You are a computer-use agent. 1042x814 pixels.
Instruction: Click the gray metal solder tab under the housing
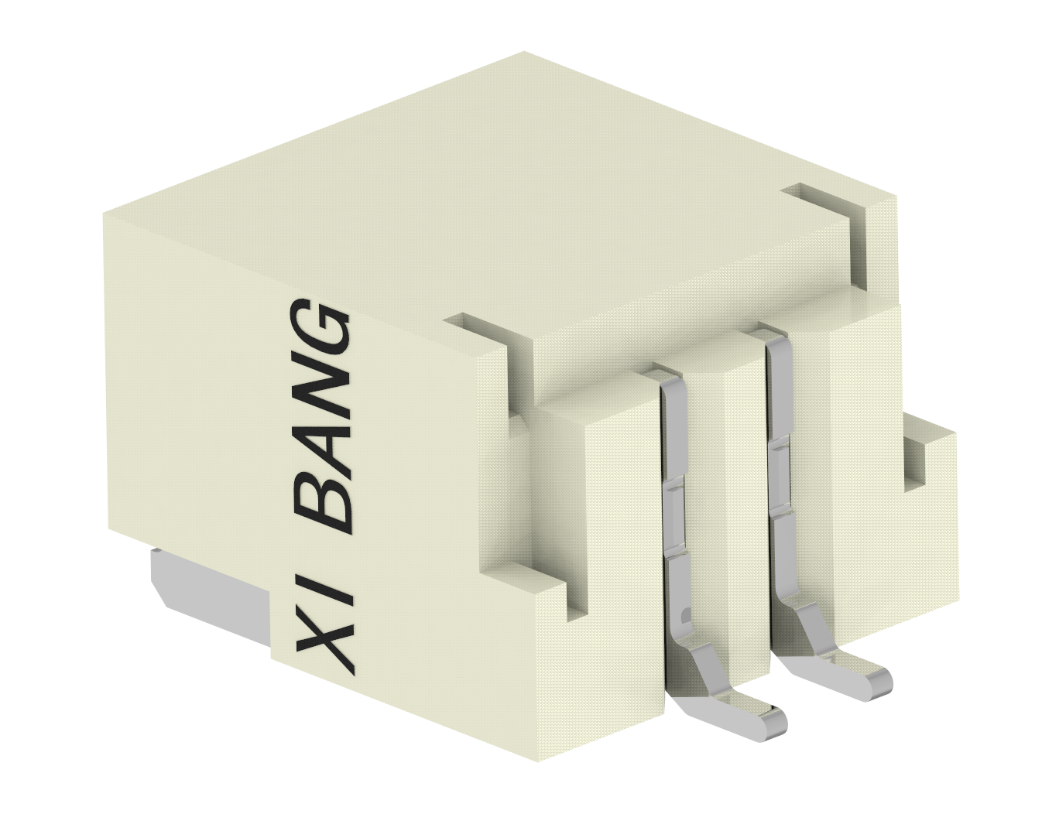pos(209,592)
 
